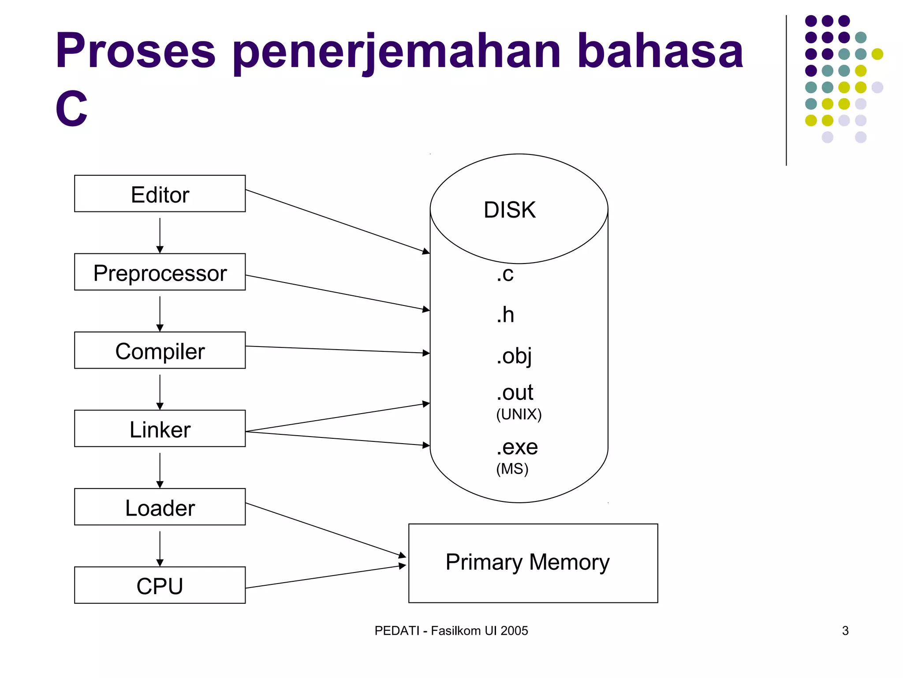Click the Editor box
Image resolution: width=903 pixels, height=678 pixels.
pos(160,194)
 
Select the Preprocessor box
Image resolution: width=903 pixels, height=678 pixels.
pos(160,272)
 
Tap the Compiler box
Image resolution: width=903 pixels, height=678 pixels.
pos(160,350)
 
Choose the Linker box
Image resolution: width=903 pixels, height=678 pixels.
pos(160,429)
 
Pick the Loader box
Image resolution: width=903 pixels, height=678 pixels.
pos(160,507)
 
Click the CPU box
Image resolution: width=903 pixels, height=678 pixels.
pos(160,585)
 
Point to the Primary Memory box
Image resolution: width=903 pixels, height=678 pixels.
pos(533,563)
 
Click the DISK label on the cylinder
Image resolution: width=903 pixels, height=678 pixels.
pos(509,210)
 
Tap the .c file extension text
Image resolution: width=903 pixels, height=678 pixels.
pos(505,274)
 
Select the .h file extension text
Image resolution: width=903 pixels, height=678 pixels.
pos(505,315)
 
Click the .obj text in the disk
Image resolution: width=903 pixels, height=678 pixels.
pos(514,356)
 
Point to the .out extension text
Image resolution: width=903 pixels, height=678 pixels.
pos(515,392)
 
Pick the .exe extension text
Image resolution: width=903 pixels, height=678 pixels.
pos(517,447)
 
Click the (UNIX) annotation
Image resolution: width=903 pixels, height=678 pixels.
pos(519,414)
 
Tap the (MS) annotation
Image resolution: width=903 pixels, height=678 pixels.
pos(512,469)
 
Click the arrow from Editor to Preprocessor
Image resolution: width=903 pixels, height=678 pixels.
pos(160,235)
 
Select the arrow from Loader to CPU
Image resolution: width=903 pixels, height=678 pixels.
pos(160,548)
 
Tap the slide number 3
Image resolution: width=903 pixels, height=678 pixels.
pos(845,631)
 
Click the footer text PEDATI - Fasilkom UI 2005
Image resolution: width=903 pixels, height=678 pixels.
pos(451,631)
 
